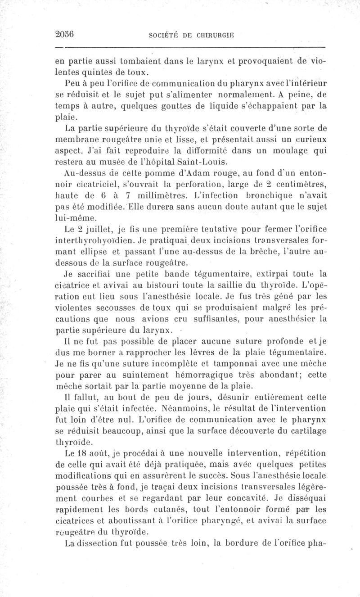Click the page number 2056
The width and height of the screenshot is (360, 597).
point(64,34)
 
